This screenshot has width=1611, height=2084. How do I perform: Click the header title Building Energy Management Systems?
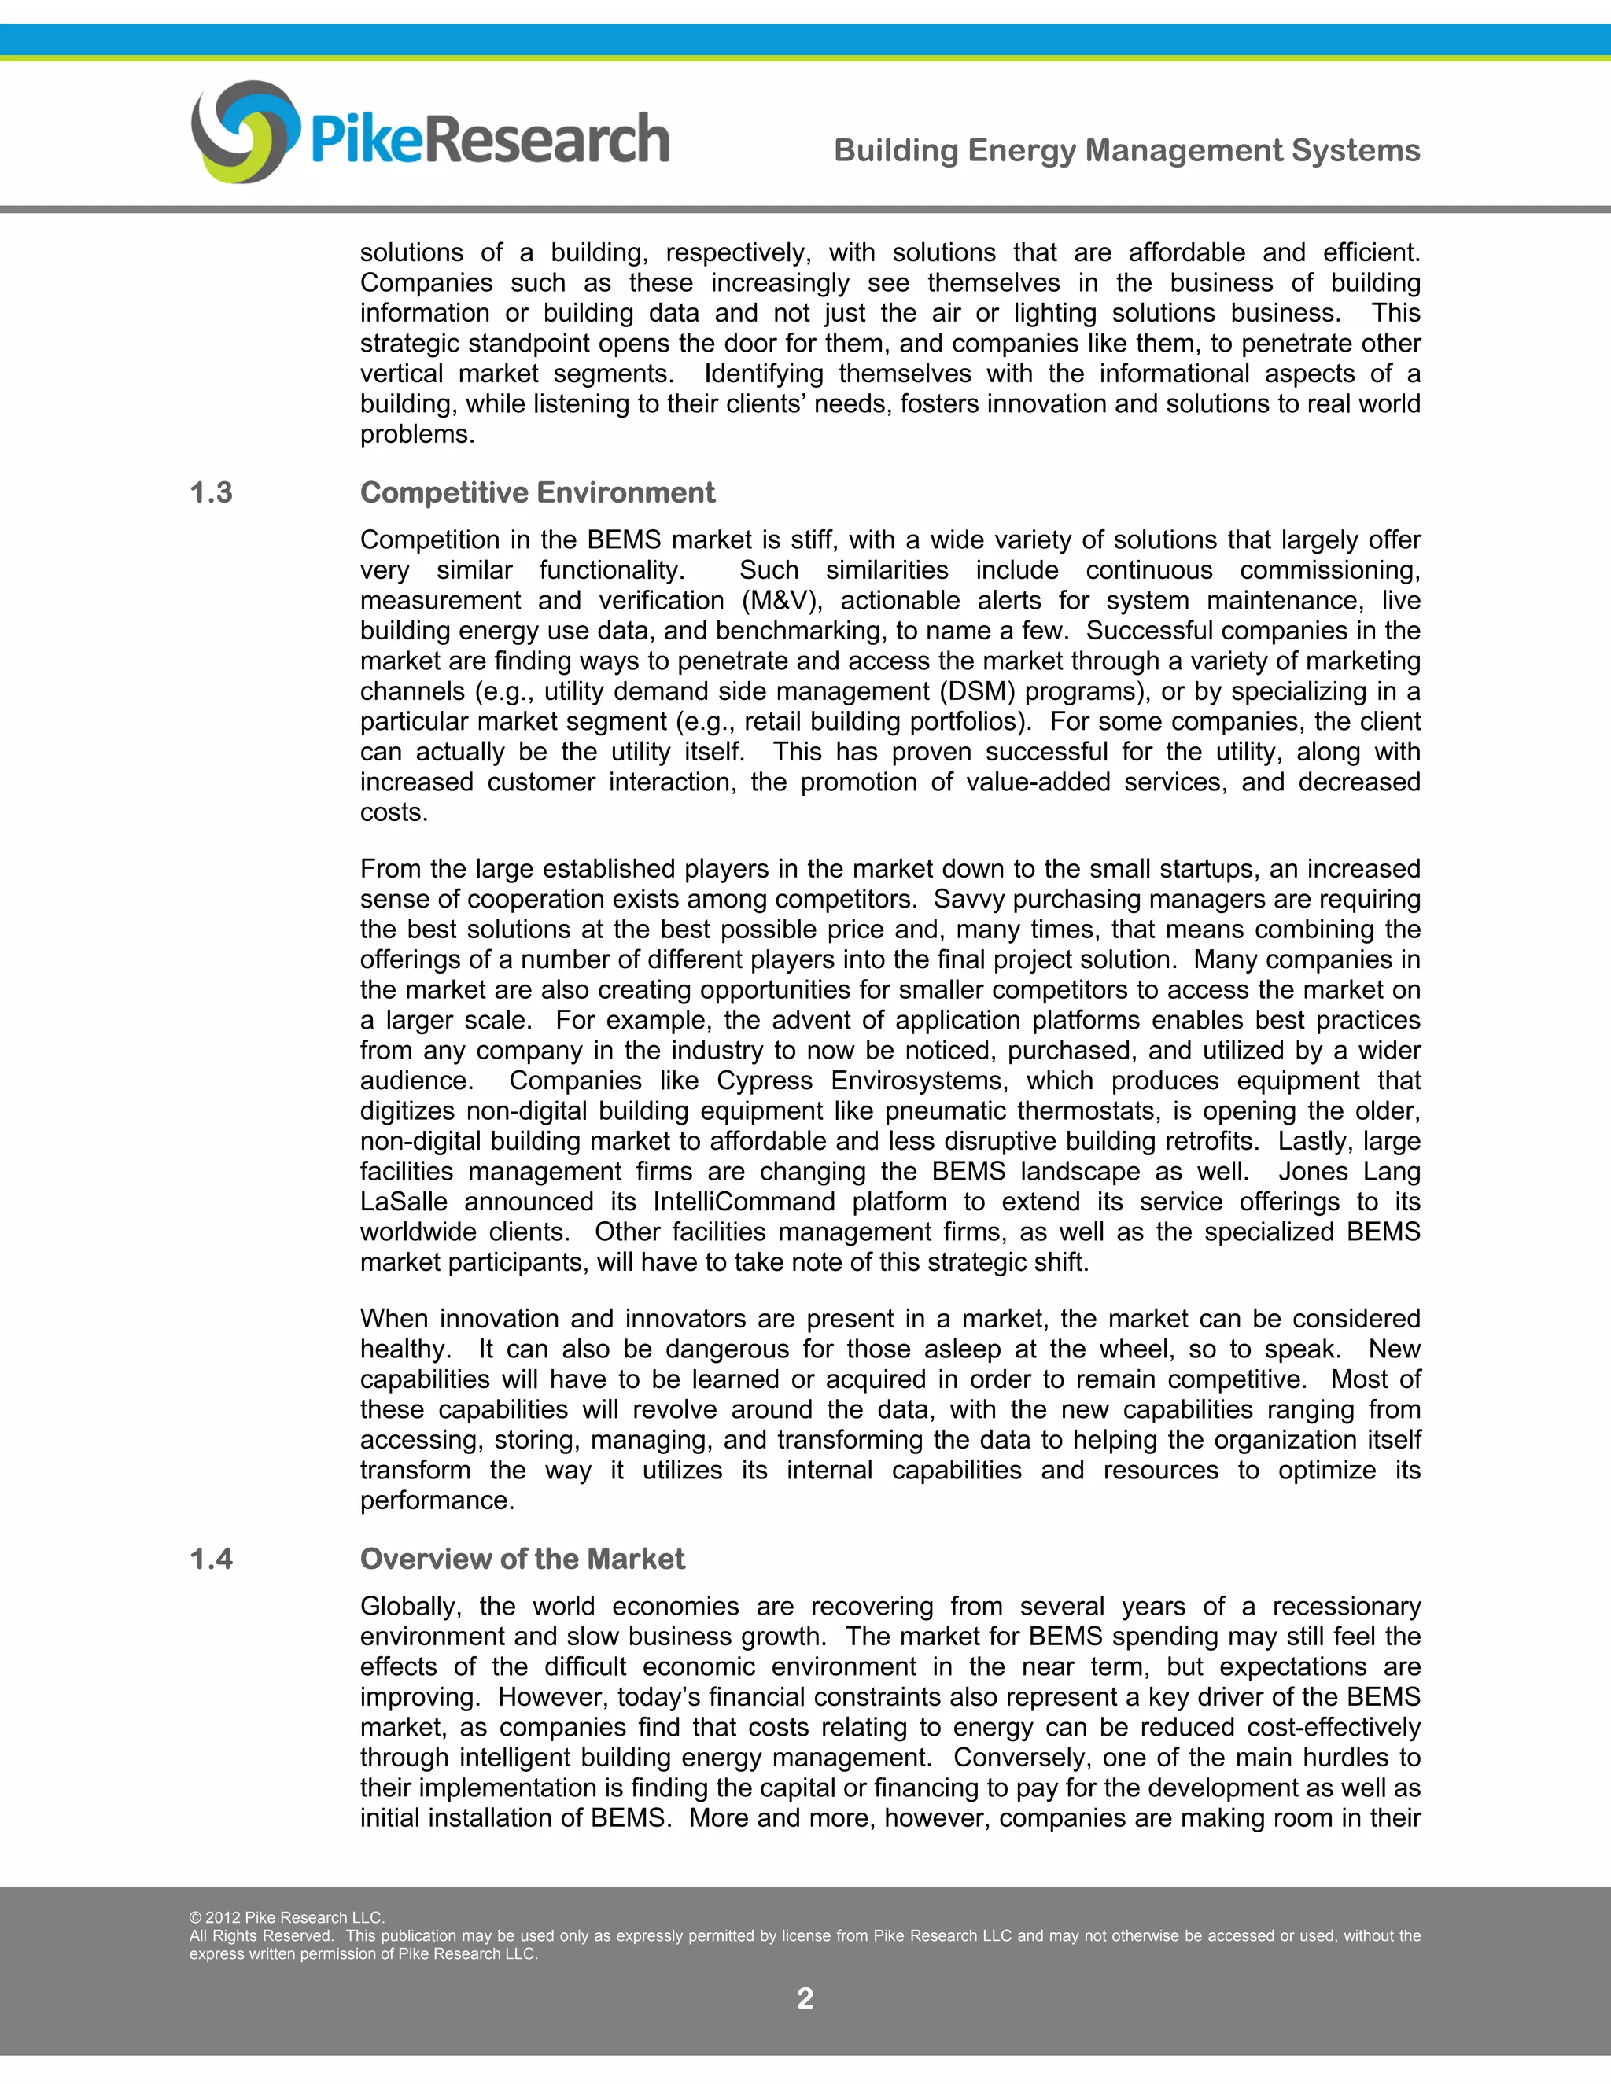(x=1126, y=151)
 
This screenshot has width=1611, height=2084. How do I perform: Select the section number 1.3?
(x=211, y=492)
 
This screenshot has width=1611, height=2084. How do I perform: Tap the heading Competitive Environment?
(x=536, y=492)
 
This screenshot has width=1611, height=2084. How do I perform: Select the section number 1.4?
(x=211, y=1559)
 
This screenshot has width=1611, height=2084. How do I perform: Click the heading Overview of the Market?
(x=522, y=1559)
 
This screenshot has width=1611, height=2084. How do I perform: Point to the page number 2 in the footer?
(x=805, y=1998)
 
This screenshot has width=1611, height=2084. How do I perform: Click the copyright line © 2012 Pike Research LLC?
(x=286, y=1917)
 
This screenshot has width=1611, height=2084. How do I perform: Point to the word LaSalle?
(x=403, y=1202)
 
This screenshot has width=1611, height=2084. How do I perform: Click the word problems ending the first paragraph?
(x=416, y=434)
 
